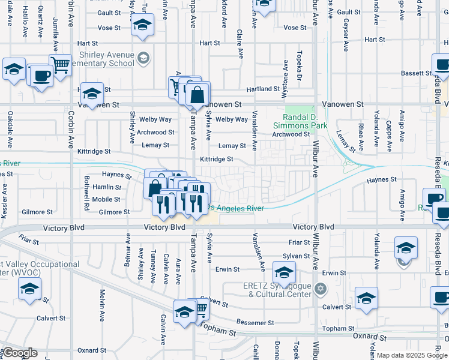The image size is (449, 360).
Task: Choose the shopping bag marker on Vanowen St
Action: coord(197,94)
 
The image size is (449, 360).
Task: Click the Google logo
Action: coord(19,353)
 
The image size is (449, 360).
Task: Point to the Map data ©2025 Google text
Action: coord(412,355)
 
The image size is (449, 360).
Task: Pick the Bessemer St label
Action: coord(255,322)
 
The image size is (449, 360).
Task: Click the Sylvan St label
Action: coord(296,256)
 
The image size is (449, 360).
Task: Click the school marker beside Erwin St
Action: coord(284,272)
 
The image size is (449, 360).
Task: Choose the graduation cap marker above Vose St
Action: coord(142,26)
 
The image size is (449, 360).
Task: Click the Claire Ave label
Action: coord(240,44)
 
